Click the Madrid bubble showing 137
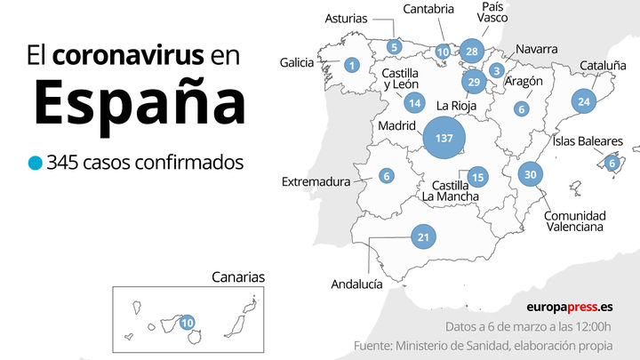[x=444, y=138]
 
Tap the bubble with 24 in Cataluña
[x=583, y=101]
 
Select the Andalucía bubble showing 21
[x=424, y=236]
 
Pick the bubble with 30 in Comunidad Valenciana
[x=531, y=174]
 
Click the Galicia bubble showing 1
[x=352, y=65]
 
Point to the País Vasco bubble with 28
[x=472, y=51]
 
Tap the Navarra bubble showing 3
[x=497, y=70]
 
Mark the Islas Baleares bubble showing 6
[x=612, y=162]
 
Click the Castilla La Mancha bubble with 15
[x=477, y=176]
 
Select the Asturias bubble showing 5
[x=394, y=47]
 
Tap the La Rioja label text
[x=457, y=107]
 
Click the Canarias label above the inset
[x=237, y=276]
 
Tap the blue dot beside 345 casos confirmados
[x=35, y=163]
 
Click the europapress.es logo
[x=569, y=307]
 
